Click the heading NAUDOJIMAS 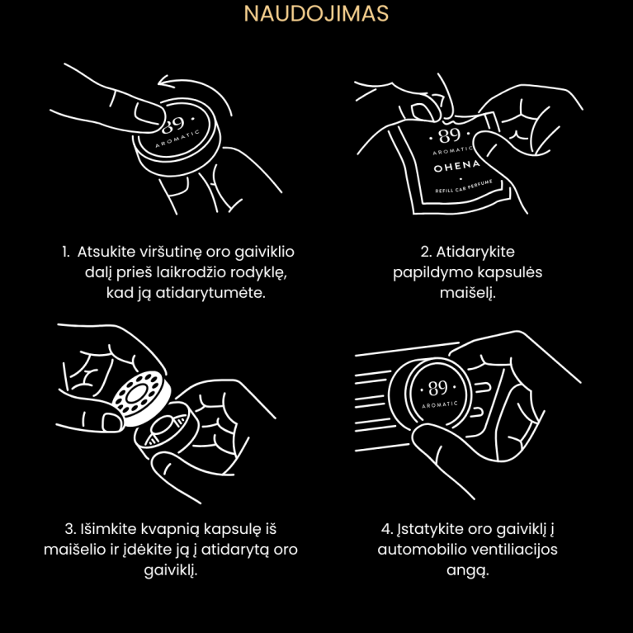coord(316,13)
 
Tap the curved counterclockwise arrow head coord(165,81)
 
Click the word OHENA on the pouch coord(457,166)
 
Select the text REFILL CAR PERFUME coord(464,187)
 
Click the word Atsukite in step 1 coord(106,252)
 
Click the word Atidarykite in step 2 coord(475,252)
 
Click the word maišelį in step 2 coord(467,293)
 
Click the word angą coord(467,571)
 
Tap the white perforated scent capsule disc coord(140,398)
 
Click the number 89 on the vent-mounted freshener coord(437,389)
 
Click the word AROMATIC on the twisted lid coord(177,138)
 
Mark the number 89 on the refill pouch coord(449,135)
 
